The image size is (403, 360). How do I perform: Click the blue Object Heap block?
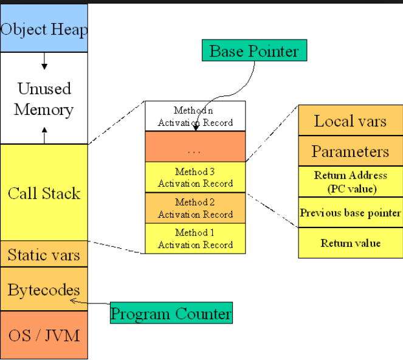pos(44,29)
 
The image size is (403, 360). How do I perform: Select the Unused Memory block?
pos(44,99)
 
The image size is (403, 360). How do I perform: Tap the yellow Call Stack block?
pos(44,193)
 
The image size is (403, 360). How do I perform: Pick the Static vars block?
pos(44,254)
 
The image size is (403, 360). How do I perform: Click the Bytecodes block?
pos(44,289)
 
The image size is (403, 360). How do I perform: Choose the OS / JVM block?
pos(44,334)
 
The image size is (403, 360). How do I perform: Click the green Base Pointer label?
pos(254,50)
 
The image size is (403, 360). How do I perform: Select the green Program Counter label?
pos(171,314)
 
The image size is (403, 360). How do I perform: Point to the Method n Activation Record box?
pos(195,116)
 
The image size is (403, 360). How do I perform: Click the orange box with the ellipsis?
pos(195,147)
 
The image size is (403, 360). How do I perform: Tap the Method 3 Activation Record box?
pos(195,178)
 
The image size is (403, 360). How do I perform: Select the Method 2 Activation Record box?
pos(195,208)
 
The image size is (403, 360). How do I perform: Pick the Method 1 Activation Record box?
pos(195,238)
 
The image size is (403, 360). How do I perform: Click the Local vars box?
pos(350,120)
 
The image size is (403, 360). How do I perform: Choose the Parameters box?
pos(350,151)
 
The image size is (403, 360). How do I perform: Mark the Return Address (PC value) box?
pos(350,182)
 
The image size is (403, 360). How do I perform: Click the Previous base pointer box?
pos(350,213)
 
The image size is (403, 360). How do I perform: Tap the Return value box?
pos(350,243)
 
